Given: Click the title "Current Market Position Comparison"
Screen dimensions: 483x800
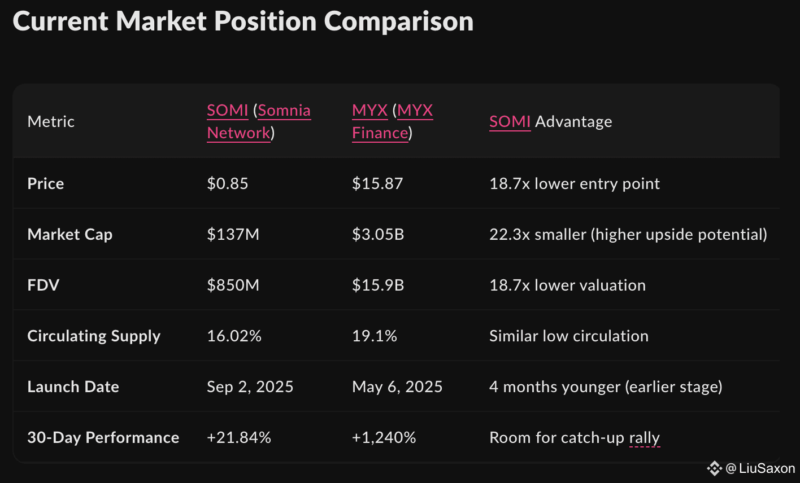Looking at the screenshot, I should point(243,21).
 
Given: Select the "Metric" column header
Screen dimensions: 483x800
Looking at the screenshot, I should point(51,122).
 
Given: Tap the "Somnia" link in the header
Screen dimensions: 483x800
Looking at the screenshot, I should point(284,111).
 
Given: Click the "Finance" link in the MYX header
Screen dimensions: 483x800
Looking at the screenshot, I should point(380,133).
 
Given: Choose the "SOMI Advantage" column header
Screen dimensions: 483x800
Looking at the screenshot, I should point(550,122).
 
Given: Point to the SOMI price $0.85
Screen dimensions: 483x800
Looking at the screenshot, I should point(227,184).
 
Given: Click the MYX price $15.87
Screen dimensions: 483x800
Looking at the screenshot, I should point(377,184).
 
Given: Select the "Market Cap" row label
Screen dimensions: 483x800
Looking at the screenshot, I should point(69,235).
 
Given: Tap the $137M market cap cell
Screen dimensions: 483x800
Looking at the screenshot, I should point(233,235).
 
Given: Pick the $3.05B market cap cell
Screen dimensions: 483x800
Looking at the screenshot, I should point(378,235).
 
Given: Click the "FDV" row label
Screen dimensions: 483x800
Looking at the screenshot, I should point(43,286).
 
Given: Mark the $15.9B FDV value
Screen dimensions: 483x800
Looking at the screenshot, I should point(378,286).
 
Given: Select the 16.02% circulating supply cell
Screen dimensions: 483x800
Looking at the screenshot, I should point(234,336).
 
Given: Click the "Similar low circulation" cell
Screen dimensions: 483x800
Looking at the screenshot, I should point(568,336).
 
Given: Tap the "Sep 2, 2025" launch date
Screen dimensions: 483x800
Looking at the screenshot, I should point(250,387).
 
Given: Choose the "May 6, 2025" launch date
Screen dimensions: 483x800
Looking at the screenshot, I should point(397,387).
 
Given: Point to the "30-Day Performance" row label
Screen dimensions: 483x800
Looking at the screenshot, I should point(103,438).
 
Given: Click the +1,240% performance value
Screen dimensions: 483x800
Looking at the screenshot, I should point(384,438).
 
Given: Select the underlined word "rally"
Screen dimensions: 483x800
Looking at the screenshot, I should point(644,438).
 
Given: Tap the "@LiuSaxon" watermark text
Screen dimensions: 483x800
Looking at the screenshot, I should point(760,468).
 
